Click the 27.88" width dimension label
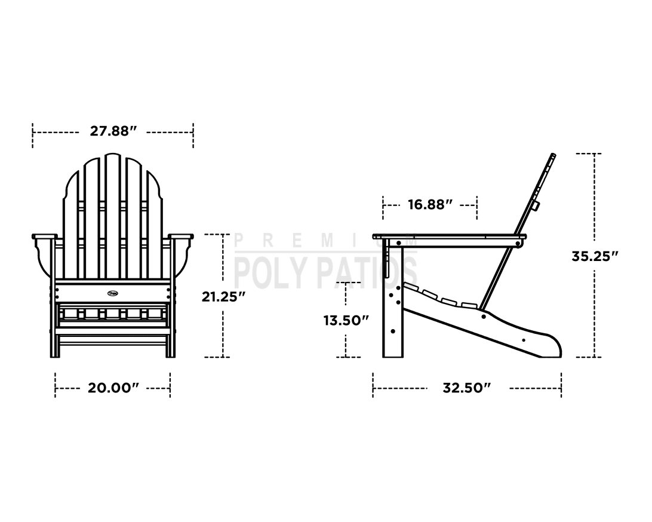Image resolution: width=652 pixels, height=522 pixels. point(113,131)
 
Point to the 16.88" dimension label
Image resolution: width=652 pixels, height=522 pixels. point(430,204)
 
